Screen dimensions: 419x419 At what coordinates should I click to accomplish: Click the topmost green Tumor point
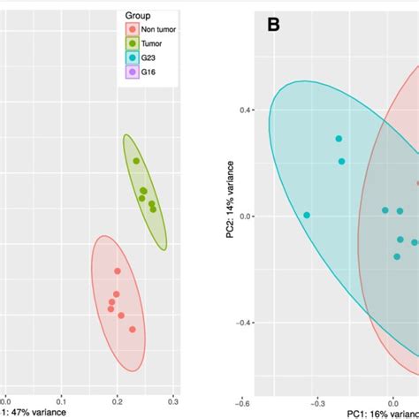click(136, 161)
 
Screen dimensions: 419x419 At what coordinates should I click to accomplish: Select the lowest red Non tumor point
click(133, 329)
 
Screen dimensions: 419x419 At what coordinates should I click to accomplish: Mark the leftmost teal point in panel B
click(307, 215)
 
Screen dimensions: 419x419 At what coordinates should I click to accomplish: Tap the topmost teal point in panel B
click(339, 139)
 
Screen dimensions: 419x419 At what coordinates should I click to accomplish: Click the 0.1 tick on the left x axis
click(60, 399)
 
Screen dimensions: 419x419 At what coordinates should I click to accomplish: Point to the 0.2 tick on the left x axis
click(117, 399)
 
